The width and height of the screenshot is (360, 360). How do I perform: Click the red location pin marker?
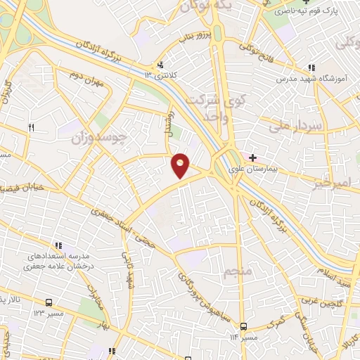click(181, 165)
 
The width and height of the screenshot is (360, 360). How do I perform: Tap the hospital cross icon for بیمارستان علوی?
click(252, 157)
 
